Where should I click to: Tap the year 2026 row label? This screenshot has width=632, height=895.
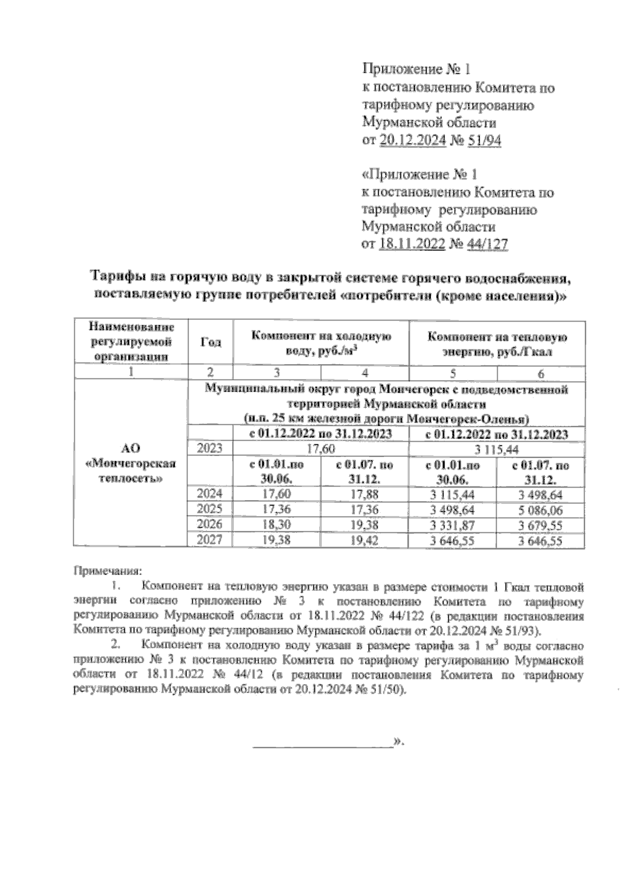click(210, 525)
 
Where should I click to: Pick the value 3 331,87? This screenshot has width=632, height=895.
click(452, 525)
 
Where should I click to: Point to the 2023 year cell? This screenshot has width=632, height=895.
click(210, 449)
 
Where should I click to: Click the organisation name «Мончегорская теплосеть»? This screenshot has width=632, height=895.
click(131, 471)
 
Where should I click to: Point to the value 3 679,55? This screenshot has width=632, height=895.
click(540, 525)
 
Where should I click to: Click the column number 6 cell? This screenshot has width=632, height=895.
click(540, 373)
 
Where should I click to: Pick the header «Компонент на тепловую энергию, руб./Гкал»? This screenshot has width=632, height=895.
click(497, 344)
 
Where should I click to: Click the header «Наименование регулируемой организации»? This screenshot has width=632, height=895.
click(131, 342)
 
